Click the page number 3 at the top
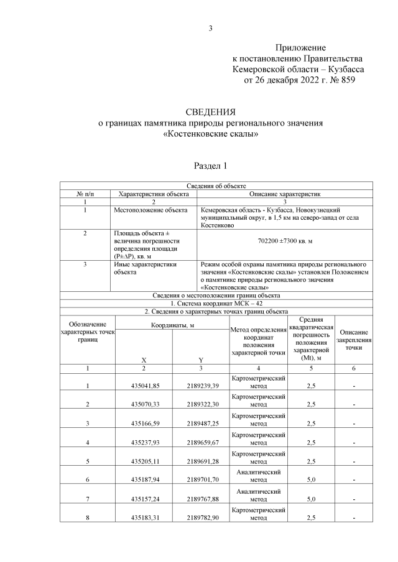click(211, 28)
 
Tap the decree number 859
click(345, 80)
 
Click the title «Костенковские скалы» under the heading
click(210, 134)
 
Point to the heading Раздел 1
click(211, 166)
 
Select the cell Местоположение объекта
click(150, 211)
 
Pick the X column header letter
click(144, 360)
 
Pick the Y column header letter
click(201, 360)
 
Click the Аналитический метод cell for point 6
click(257, 476)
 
